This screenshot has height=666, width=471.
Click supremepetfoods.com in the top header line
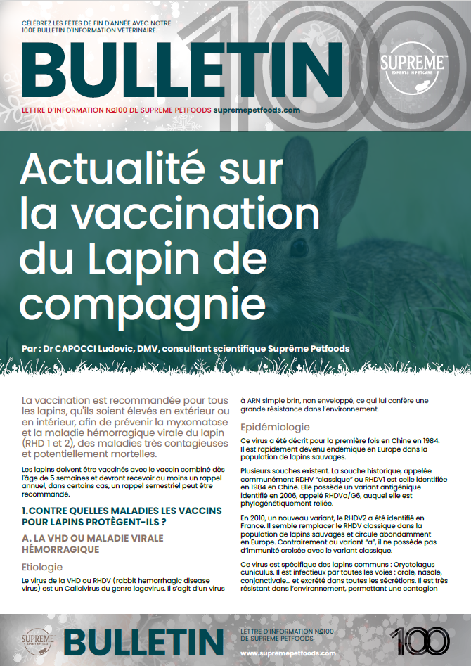click(x=247, y=110)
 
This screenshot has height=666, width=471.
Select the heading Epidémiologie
click(x=276, y=427)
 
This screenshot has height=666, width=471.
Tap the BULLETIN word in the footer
click(x=145, y=641)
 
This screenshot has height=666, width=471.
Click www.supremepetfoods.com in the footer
click(x=288, y=653)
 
